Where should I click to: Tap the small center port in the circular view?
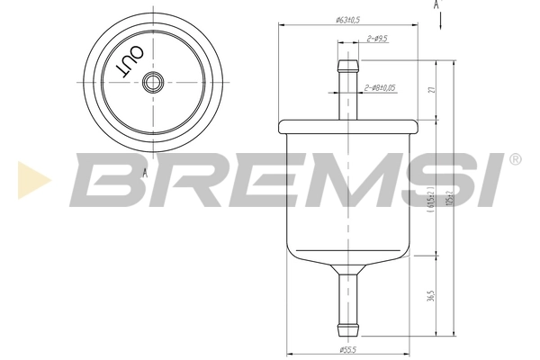point(150,82)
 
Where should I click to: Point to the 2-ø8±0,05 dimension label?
point(382,88)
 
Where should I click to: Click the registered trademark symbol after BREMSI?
point(514,159)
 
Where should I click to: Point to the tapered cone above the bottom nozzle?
point(345,268)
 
